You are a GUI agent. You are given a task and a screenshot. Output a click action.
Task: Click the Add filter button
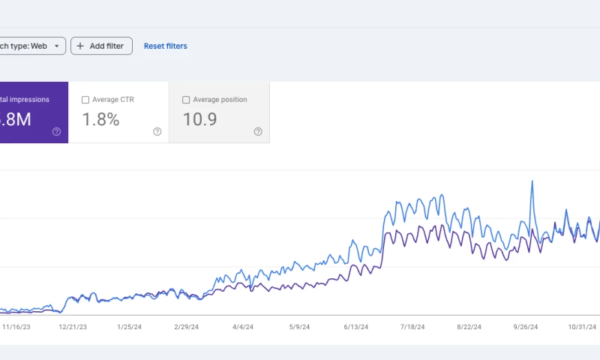click(x=102, y=46)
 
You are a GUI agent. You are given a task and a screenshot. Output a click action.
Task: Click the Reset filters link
click(x=166, y=46)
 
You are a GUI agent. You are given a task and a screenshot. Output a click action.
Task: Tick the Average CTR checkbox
click(x=85, y=100)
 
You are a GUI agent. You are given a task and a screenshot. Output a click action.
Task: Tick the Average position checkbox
click(x=186, y=100)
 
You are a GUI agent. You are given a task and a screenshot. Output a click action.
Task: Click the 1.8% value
click(x=100, y=118)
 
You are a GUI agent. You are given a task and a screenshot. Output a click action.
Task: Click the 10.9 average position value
click(x=200, y=118)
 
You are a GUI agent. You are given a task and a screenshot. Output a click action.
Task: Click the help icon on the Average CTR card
click(x=157, y=131)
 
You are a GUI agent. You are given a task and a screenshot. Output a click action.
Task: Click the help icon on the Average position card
click(x=258, y=131)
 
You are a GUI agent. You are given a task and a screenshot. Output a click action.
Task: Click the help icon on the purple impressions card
click(x=56, y=131)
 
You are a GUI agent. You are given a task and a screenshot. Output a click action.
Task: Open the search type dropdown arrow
click(x=56, y=46)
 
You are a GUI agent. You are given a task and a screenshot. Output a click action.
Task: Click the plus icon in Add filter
click(x=81, y=46)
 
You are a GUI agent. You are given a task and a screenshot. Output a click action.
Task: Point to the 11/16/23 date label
click(x=17, y=327)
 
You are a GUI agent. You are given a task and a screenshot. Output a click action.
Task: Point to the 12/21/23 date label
click(x=73, y=327)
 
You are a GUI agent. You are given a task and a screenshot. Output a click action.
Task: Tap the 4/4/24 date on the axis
click(x=243, y=327)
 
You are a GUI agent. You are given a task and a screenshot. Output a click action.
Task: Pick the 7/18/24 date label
click(x=412, y=327)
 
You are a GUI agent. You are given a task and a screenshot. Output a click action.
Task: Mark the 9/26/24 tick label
click(x=526, y=327)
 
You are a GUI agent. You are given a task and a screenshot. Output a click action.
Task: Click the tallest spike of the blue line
click(x=532, y=181)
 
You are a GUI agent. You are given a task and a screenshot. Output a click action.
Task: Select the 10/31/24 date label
click(x=582, y=327)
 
